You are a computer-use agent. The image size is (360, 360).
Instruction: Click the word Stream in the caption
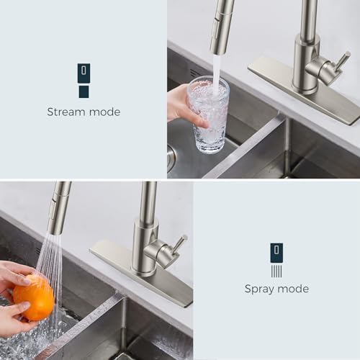coord(66,112)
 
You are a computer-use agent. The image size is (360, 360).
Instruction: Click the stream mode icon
coord(84,80)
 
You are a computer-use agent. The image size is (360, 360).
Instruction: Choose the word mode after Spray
coord(293,289)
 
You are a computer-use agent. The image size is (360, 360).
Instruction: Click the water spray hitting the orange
coord(49,259)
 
